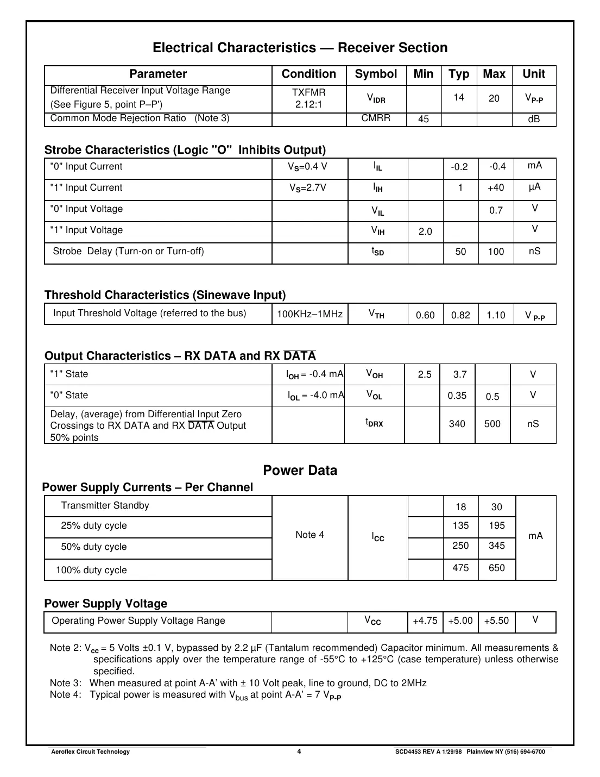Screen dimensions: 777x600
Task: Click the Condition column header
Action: pos(308,74)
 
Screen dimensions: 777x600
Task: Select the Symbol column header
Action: pos(376,74)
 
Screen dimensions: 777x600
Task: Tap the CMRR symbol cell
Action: pos(376,118)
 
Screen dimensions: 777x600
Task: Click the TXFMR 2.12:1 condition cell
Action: pos(308,98)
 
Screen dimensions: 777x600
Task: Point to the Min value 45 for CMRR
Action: pos(424,119)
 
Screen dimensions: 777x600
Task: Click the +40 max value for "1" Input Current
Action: pos(496,188)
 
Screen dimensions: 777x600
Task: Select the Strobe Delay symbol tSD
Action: pos(377,252)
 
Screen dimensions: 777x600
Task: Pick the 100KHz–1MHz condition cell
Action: pos(310,314)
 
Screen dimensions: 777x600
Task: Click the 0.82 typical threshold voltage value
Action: pos(460,315)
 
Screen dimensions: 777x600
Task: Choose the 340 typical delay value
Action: pos(457,424)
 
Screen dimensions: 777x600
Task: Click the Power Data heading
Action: pos(300,471)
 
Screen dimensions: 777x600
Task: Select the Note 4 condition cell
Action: pos(310,535)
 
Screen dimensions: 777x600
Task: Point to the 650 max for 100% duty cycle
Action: pos(496,568)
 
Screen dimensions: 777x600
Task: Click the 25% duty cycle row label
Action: pos(94,526)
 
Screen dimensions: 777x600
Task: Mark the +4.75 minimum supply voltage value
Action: pos(425,621)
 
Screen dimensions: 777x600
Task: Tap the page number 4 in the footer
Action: pos(299,752)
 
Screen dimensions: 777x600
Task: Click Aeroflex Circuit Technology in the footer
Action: pos(90,752)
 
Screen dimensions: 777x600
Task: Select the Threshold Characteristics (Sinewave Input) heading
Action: pos(165,295)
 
